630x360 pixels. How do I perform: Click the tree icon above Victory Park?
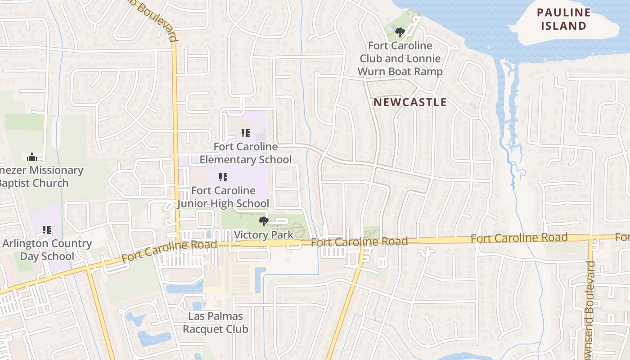(264, 221)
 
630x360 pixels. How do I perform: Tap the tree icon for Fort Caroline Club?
(400, 32)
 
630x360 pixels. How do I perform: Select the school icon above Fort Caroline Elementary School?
(245, 133)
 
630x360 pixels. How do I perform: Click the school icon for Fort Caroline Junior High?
(223, 177)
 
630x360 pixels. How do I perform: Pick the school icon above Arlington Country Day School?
(47, 230)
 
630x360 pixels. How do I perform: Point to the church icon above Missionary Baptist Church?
(31, 157)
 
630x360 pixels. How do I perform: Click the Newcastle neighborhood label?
(410, 102)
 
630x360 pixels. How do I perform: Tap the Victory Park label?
(264, 234)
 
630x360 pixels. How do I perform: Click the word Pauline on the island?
(563, 13)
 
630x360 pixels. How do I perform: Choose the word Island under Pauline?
(563, 26)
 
